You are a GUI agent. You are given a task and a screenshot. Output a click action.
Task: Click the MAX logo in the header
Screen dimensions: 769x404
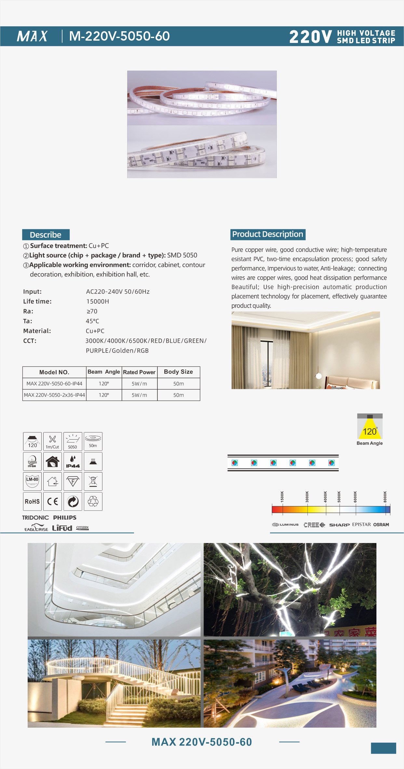pyautogui.click(x=32, y=36)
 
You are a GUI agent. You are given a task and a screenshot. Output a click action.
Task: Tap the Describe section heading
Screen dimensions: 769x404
pyautogui.click(x=46, y=235)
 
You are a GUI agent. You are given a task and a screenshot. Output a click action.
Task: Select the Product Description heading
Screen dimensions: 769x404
pyautogui.click(x=268, y=234)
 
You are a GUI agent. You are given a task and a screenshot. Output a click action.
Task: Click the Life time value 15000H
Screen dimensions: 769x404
pyautogui.click(x=98, y=301)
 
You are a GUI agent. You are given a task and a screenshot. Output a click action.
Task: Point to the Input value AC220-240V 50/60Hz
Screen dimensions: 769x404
pyautogui.click(x=118, y=292)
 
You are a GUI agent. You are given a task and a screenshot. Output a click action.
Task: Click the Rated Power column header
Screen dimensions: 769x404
pyautogui.click(x=139, y=372)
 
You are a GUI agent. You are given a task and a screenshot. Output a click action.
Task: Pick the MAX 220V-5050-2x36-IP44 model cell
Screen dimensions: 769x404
pyautogui.click(x=54, y=395)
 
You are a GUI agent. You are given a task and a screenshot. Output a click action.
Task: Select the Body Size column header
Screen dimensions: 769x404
pyautogui.click(x=178, y=372)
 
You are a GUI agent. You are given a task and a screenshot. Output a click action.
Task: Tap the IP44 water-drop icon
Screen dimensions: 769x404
pyautogui.click(x=73, y=461)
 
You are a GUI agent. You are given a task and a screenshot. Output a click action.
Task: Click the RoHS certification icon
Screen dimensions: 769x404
pyautogui.click(x=32, y=501)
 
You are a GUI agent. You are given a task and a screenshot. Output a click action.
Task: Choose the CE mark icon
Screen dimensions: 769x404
pyautogui.click(x=52, y=501)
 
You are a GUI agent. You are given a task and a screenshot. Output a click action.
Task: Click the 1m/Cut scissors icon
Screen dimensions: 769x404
pyautogui.click(x=52, y=441)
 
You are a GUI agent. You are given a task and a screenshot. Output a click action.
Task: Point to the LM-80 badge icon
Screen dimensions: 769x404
pyautogui.click(x=32, y=481)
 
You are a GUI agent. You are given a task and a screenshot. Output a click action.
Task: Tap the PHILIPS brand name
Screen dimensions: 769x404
pyautogui.click(x=65, y=517)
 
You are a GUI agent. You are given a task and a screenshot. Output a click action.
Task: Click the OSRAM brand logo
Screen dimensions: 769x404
pyautogui.click(x=381, y=524)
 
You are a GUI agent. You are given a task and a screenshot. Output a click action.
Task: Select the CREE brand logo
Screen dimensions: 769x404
pyautogui.click(x=314, y=525)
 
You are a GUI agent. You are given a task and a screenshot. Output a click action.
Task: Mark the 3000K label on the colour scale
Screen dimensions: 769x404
pyautogui.click(x=307, y=497)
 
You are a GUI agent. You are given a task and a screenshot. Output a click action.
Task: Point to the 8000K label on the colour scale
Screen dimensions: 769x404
pyautogui.click(x=385, y=497)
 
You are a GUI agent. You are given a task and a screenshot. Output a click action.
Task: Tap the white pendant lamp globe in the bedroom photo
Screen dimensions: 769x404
pyautogui.click(x=319, y=376)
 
